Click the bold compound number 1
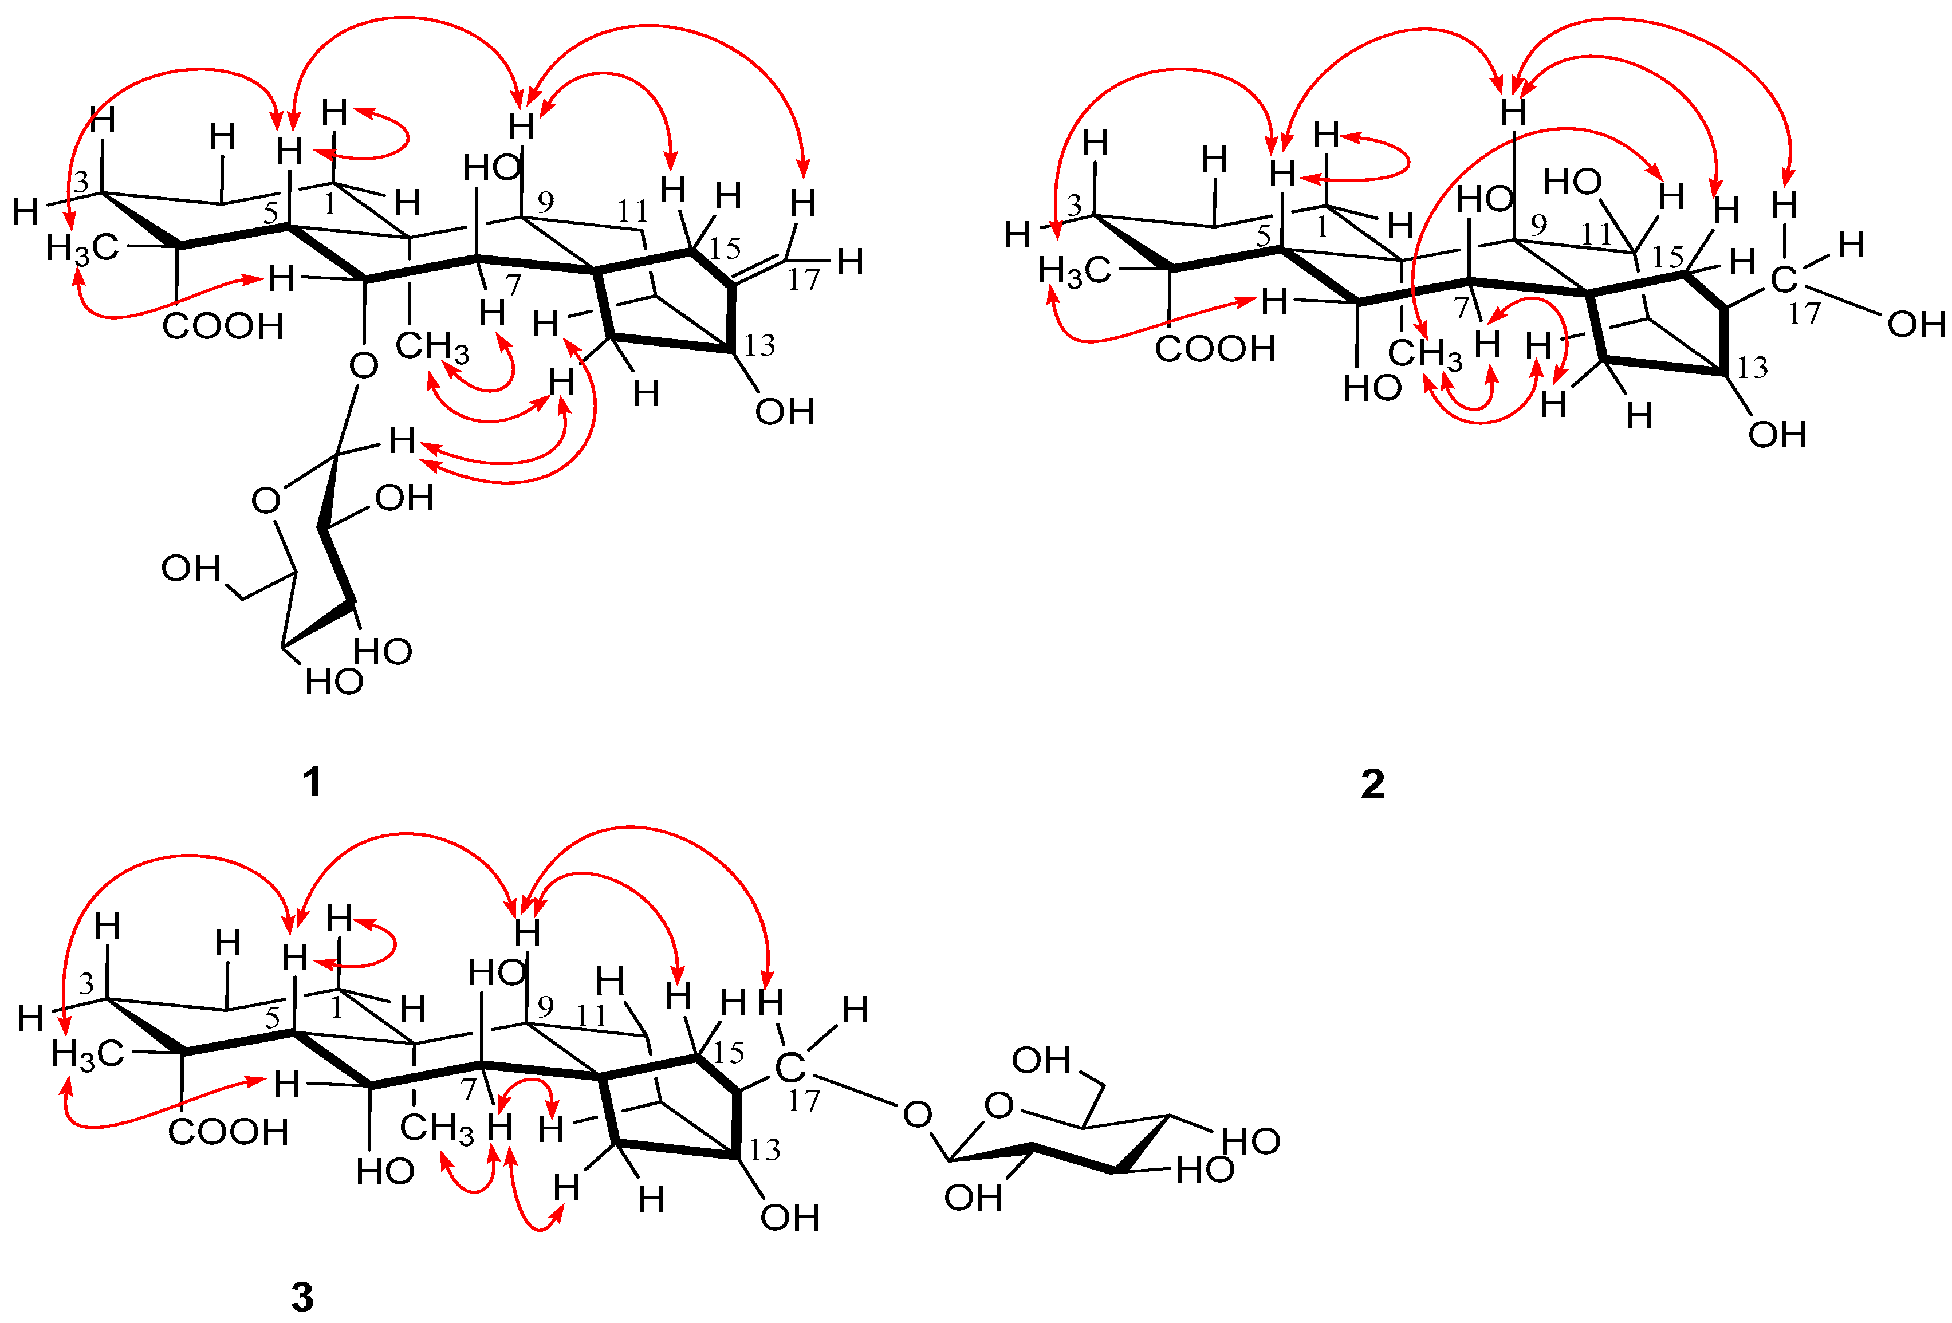point(312,782)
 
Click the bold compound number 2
point(1372,783)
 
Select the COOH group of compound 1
point(223,326)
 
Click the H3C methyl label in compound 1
point(81,248)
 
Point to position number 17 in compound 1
point(803,279)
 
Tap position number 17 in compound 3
point(803,1100)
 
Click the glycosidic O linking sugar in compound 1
point(363,365)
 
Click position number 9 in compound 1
point(545,202)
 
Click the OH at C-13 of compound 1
point(785,412)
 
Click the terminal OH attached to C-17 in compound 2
point(1916,324)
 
